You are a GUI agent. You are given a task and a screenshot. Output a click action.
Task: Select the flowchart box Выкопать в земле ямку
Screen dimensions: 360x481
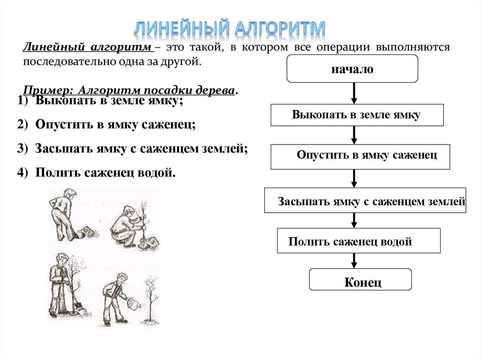coord(357,115)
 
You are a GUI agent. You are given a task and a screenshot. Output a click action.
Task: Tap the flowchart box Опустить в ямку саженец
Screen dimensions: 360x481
coord(360,157)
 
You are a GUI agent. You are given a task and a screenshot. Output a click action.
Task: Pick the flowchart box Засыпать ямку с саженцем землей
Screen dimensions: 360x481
coord(365,200)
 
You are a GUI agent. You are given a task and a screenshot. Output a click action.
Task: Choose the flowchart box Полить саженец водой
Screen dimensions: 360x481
coord(359,241)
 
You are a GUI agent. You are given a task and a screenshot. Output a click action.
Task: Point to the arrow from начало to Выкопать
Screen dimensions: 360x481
coord(355,93)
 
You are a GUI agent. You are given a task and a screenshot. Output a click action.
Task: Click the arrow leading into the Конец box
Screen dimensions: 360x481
coord(355,261)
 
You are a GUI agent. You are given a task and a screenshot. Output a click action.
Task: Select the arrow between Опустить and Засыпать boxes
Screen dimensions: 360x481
coord(355,178)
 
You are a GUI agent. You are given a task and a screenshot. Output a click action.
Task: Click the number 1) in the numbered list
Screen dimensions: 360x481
coord(23,101)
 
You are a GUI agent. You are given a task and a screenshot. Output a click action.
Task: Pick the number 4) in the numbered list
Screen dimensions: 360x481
coord(23,173)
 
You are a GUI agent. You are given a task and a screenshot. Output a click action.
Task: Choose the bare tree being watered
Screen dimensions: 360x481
coord(151,300)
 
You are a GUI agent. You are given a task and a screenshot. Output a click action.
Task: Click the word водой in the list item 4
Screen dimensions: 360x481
coord(160,173)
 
